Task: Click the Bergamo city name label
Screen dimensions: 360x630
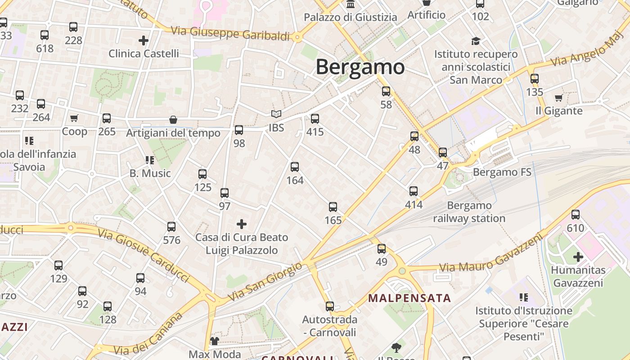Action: tap(360, 67)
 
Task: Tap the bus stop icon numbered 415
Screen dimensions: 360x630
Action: tap(315, 119)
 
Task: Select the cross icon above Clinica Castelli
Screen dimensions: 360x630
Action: tap(144, 40)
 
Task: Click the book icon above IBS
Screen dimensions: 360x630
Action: tap(276, 114)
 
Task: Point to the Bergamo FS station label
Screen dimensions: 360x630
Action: tap(502, 172)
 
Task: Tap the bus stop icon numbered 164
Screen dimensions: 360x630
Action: tap(295, 167)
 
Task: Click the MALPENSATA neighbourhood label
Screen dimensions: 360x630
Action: tap(409, 298)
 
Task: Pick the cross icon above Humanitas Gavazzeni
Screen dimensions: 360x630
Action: tap(578, 257)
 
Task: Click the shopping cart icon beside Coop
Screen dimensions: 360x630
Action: tap(74, 118)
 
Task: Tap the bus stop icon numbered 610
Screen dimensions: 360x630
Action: tap(576, 215)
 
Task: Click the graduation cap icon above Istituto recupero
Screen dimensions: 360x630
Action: tap(476, 41)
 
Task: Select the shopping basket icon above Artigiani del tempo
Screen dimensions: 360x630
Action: tap(173, 120)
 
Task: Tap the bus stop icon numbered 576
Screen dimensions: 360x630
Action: tap(171, 227)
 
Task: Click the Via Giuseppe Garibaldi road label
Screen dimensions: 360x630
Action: tap(230, 33)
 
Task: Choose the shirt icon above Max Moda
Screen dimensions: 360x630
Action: tap(214, 341)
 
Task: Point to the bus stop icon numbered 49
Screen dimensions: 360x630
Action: tap(382, 248)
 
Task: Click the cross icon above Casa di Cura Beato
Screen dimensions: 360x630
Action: tap(242, 224)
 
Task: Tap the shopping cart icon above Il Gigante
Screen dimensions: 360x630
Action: tap(558, 98)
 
